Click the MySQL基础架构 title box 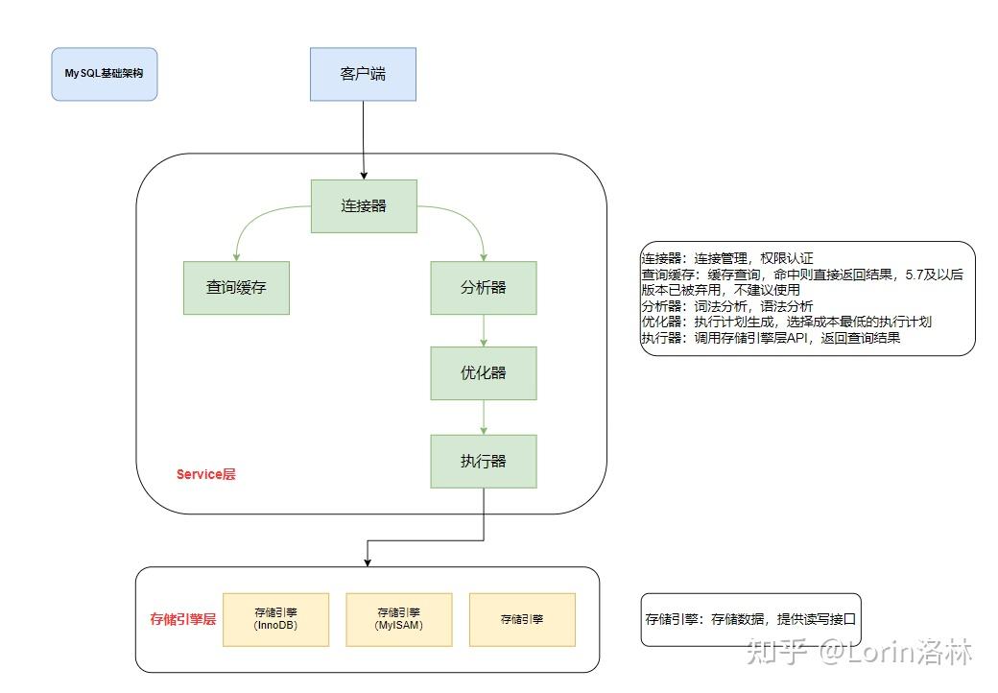pyautogui.click(x=104, y=73)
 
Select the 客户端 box pyautogui.click(x=363, y=74)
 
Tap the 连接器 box pyautogui.click(x=364, y=205)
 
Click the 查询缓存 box pyautogui.click(x=236, y=287)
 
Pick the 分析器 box pyautogui.click(x=483, y=287)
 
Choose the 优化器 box pyautogui.click(x=483, y=372)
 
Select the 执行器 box pyautogui.click(x=483, y=461)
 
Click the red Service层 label pyautogui.click(x=205, y=474)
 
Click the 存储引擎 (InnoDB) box pyautogui.click(x=275, y=619)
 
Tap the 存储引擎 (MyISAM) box pyautogui.click(x=398, y=619)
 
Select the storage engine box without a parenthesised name pyautogui.click(x=521, y=619)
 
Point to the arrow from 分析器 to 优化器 pyautogui.click(x=483, y=330)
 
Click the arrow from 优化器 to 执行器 pyautogui.click(x=483, y=417)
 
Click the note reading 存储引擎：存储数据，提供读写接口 pyautogui.click(x=750, y=620)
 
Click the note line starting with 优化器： pyautogui.click(x=787, y=323)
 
